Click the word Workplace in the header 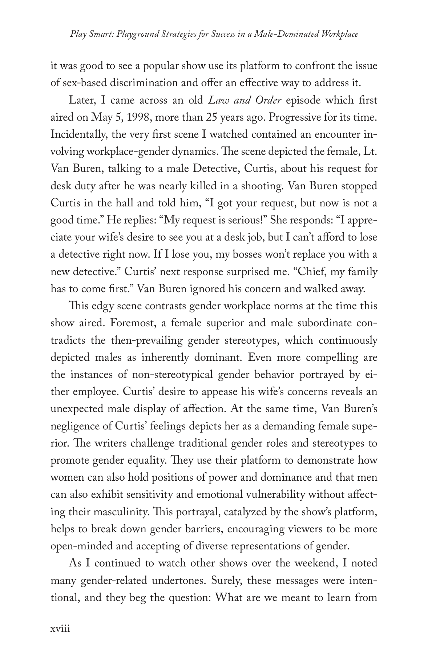click(341, 35)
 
